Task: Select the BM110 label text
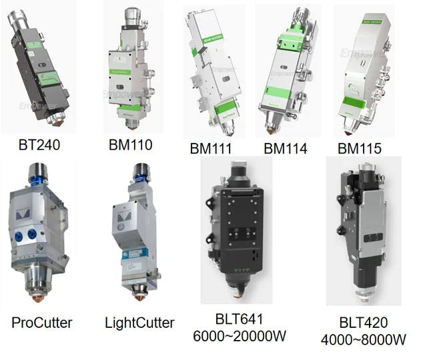tap(130, 144)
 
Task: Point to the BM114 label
tap(286, 148)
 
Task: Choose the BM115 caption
tap(360, 148)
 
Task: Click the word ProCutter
tap(42, 323)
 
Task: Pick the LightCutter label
tap(139, 323)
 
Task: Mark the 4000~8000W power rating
tap(363, 339)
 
